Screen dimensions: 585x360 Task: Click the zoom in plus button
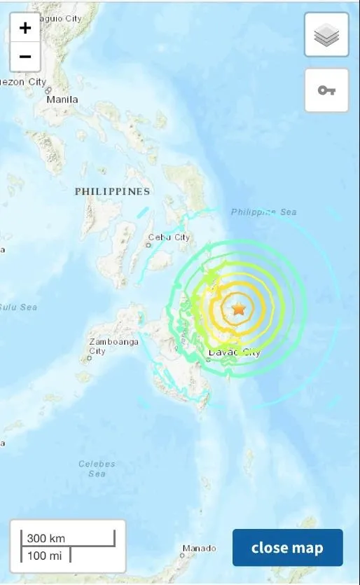point(25,29)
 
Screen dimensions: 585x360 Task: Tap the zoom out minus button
point(25,57)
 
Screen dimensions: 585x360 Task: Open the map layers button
point(326,35)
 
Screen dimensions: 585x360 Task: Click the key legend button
point(326,90)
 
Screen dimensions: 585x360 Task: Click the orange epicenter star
point(239,308)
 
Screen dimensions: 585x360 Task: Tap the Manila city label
point(62,99)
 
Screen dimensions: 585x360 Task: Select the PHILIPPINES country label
point(112,191)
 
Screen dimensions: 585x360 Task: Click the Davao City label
point(234,352)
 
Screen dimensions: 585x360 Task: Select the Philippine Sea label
point(263,212)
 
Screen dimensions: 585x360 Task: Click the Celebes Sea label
point(97,469)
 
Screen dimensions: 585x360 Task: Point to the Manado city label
point(199,548)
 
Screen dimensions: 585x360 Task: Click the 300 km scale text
point(46,538)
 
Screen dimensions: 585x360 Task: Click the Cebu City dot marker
point(149,246)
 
